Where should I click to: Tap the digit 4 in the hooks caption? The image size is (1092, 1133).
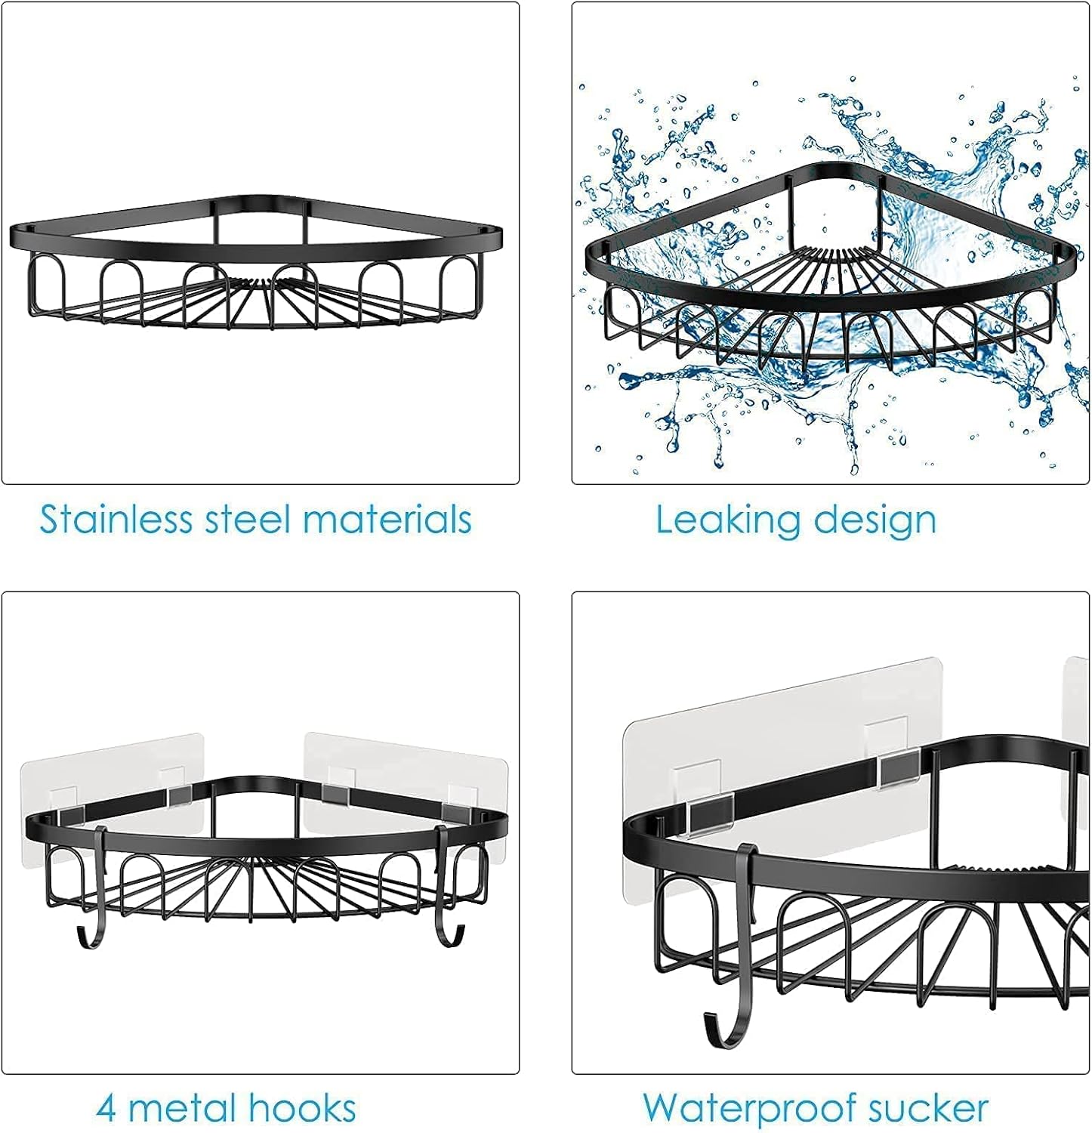pos(107,1109)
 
